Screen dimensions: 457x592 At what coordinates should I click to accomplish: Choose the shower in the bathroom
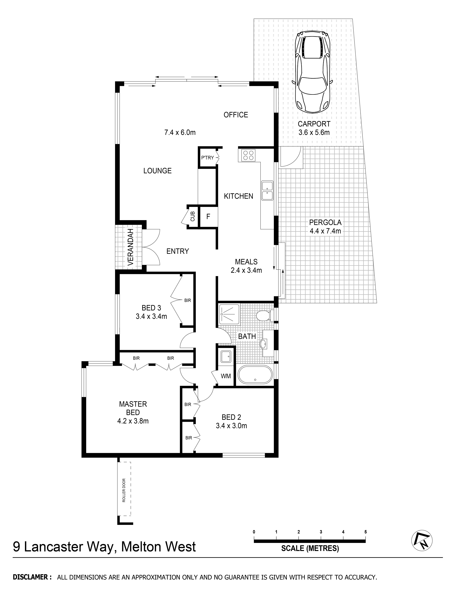pyautogui.click(x=229, y=314)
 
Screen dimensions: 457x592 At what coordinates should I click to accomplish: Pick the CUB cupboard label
pyautogui.click(x=193, y=216)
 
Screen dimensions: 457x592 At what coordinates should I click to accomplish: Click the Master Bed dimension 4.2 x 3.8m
pyautogui.click(x=133, y=421)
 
